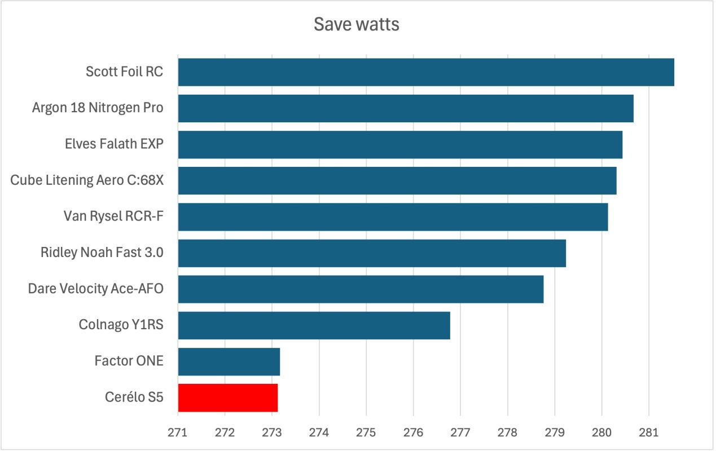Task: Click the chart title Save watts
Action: [x=356, y=25]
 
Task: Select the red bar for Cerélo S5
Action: [x=228, y=397]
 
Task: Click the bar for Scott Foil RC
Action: [x=426, y=72]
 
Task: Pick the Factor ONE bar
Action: [x=229, y=361]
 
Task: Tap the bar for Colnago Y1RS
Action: [x=314, y=325]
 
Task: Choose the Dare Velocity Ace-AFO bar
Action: [x=361, y=289]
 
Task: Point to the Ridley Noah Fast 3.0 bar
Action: [x=372, y=253]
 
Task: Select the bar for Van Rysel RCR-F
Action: [x=393, y=217]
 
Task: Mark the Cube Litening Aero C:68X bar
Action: [x=397, y=180]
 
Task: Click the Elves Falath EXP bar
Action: [x=401, y=145]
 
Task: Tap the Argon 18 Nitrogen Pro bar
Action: [x=406, y=108]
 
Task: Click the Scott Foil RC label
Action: [x=124, y=72]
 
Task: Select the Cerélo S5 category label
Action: [x=134, y=397]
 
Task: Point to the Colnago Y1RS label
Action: [x=121, y=325]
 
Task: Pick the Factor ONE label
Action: [x=129, y=361]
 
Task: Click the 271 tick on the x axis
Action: [x=178, y=434]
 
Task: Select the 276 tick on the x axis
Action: [x=413, y=434]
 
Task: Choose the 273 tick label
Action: [x=272, y=434]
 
